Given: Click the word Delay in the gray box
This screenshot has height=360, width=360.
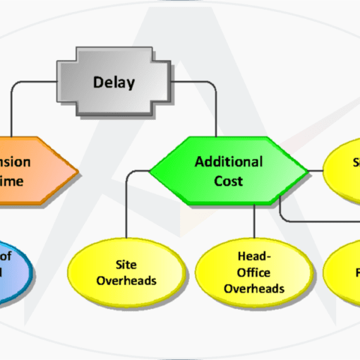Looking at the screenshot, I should point(114,83).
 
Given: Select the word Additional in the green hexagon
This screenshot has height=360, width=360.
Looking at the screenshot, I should point(229,162).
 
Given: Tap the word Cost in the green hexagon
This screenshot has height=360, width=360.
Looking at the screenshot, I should point(229,181).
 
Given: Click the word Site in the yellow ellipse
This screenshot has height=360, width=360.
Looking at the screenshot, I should point(126,265).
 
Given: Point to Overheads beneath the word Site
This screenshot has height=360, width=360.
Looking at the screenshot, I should point(126,280).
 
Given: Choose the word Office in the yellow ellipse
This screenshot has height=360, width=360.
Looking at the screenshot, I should point(253,273).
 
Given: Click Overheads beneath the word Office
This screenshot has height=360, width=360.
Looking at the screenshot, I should point(253,288).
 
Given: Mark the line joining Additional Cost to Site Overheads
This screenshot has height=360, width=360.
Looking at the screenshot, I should point(126,205).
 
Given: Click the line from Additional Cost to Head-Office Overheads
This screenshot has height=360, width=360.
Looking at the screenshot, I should point(253,219).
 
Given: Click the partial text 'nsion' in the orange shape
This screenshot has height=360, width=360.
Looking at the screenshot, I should point(16,162).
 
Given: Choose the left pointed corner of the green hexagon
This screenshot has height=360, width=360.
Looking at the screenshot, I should point(150,172).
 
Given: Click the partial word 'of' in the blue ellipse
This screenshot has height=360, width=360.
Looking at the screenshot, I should point(6,254).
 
